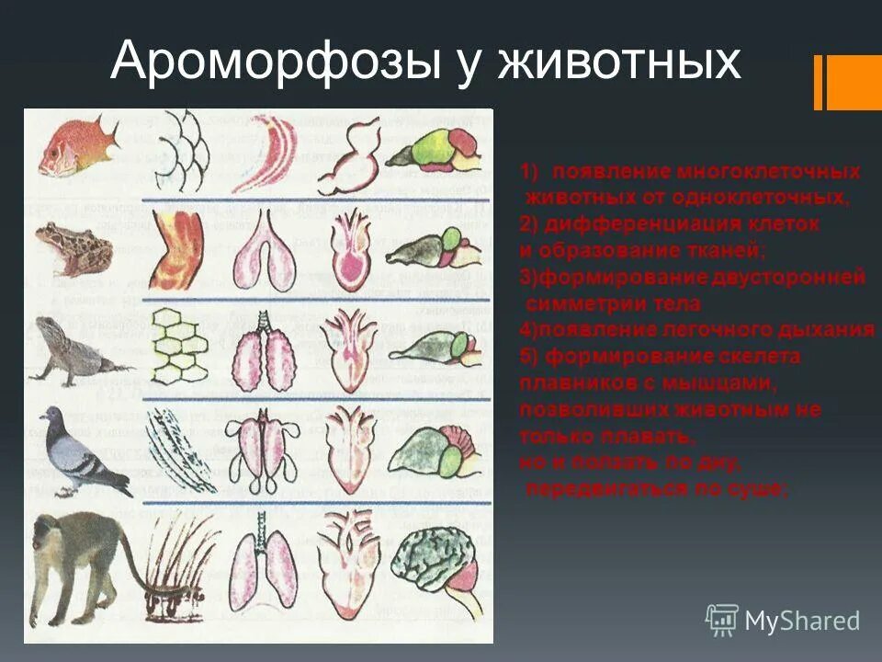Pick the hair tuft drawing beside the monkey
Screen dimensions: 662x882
(179, 561)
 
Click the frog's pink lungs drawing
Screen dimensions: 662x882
(266, 248)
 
